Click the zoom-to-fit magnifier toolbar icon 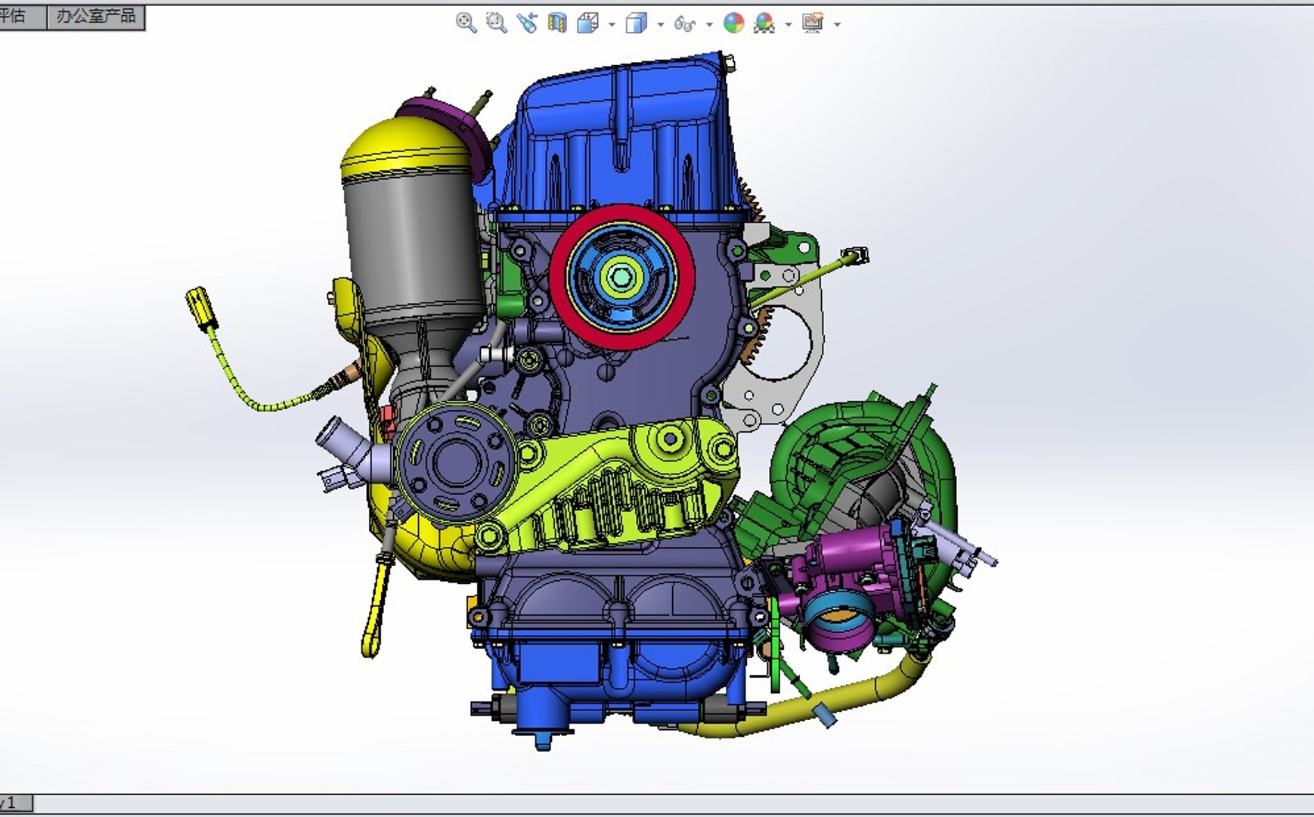[x=466, y=23]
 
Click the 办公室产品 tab [x=95, y=16]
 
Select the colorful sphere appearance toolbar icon [x=733, y=23]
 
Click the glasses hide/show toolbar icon [x=684, y=24]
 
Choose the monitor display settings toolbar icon [x=813, y=23]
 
